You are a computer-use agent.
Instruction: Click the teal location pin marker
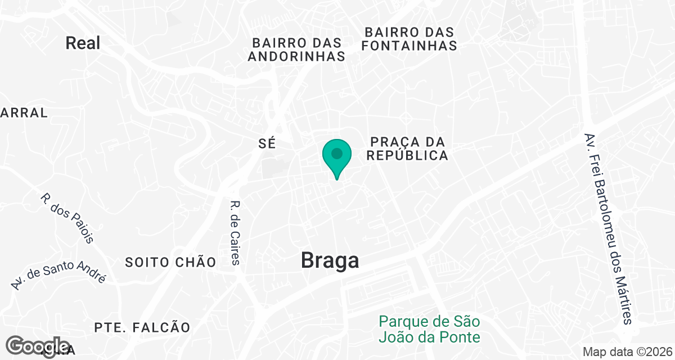337,158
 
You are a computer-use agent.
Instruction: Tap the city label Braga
330,260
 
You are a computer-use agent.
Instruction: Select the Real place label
83,43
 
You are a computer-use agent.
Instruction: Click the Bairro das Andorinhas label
296,49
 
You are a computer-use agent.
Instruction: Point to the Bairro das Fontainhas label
409,38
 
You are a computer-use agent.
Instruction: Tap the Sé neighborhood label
267,143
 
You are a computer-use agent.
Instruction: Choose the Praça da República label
408,148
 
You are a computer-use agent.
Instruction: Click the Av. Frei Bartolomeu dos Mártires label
609,229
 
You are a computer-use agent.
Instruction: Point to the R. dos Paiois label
67,218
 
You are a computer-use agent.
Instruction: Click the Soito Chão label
170,262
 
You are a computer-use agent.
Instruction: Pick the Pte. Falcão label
142,327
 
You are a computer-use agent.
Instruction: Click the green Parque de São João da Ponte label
430,329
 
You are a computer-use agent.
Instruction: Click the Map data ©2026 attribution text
627,352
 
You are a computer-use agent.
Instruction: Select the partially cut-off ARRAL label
24,112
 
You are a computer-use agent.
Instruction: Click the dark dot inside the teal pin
337,153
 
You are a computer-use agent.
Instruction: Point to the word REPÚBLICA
408,155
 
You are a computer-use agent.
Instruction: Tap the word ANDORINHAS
296,56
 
